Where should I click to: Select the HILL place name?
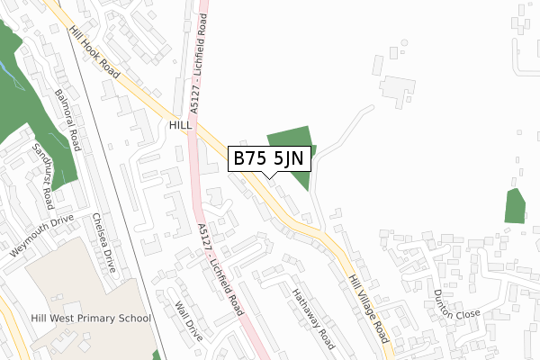tap(181, 127)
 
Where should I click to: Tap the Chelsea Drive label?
tap(104, 244)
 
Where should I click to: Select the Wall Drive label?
tap(191, 319)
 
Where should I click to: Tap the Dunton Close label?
tap(457, 307)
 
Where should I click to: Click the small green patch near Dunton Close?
tap(515, 206)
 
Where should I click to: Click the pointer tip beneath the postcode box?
tap(270, 176)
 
